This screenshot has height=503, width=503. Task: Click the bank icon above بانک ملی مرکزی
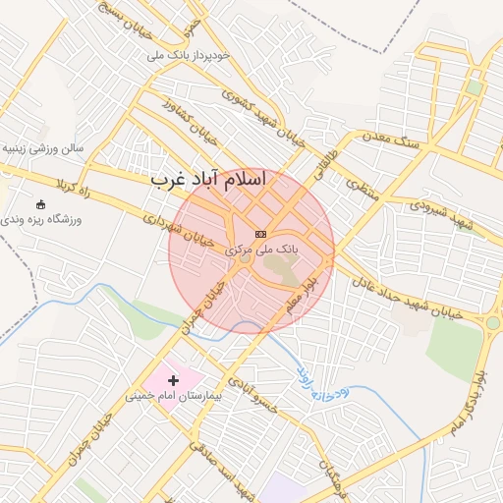pyautogui.click(x=260, y=234)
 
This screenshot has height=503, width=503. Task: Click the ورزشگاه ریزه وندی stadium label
pyautogui.click(x=43, y=219)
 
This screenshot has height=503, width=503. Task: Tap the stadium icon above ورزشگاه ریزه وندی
pyautogui.click(x=40, y=204)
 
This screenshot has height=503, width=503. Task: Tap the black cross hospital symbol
pyautogui.click(x=174, y=379)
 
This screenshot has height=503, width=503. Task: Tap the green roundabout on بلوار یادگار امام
pyautogui.click(x=492, y=322)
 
